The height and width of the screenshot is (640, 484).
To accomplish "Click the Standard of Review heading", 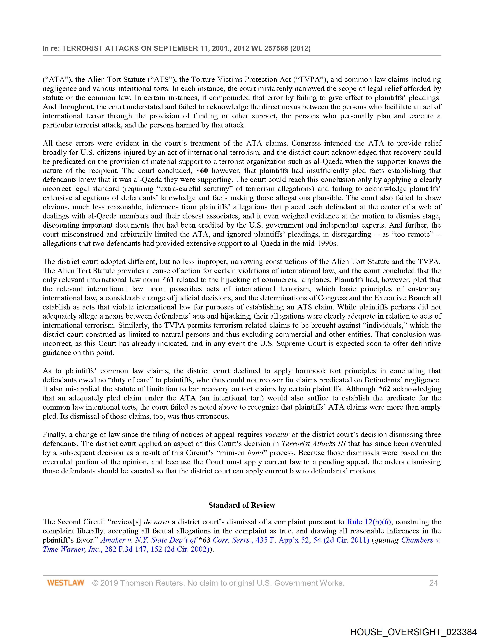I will [242, 505].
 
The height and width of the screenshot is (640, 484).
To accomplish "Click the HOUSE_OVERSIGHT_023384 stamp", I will [413, 632].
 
